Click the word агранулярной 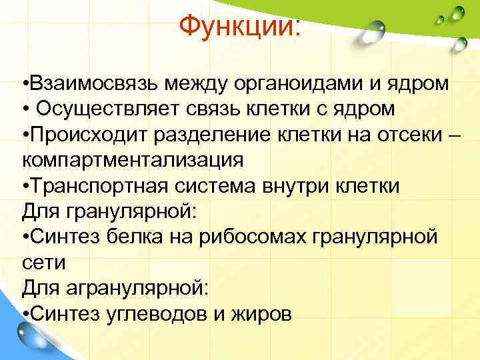[137, 288]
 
